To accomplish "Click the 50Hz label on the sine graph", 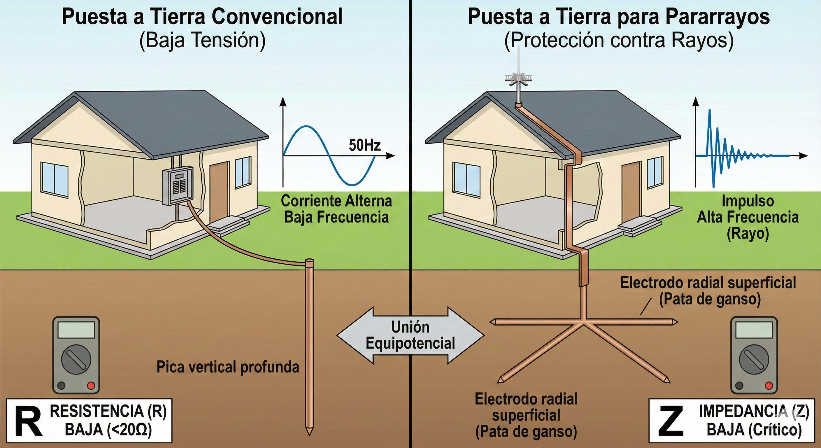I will click(x=365, y=146).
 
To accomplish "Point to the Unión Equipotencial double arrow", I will click(x=410, y=335).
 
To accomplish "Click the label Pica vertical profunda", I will click(x=228, y=367).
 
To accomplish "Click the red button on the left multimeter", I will click(x=91, y=386).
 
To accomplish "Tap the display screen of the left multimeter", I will click(x=76, y=329).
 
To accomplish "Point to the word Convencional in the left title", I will click(x=277, y=17).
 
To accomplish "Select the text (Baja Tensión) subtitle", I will click(x=202, y=41).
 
